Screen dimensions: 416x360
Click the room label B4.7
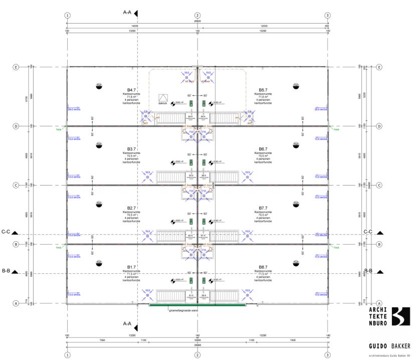(132, 90)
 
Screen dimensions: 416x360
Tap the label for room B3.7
(132, 149)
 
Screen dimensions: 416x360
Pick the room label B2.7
(132, 208)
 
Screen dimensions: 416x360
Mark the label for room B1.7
(132, 267)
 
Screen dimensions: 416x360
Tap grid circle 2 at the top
(197, 16)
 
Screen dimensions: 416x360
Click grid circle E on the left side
(16, 67)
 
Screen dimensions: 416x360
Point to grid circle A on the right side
(379, 303)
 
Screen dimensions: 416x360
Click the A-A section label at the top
(127, 11)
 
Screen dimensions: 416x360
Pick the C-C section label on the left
(7, 232)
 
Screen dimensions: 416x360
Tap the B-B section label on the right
(368, 271)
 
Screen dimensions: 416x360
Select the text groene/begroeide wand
(182, 311)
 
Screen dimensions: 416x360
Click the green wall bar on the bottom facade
(197, 304)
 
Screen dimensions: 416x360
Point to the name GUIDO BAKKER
(389, 345)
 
